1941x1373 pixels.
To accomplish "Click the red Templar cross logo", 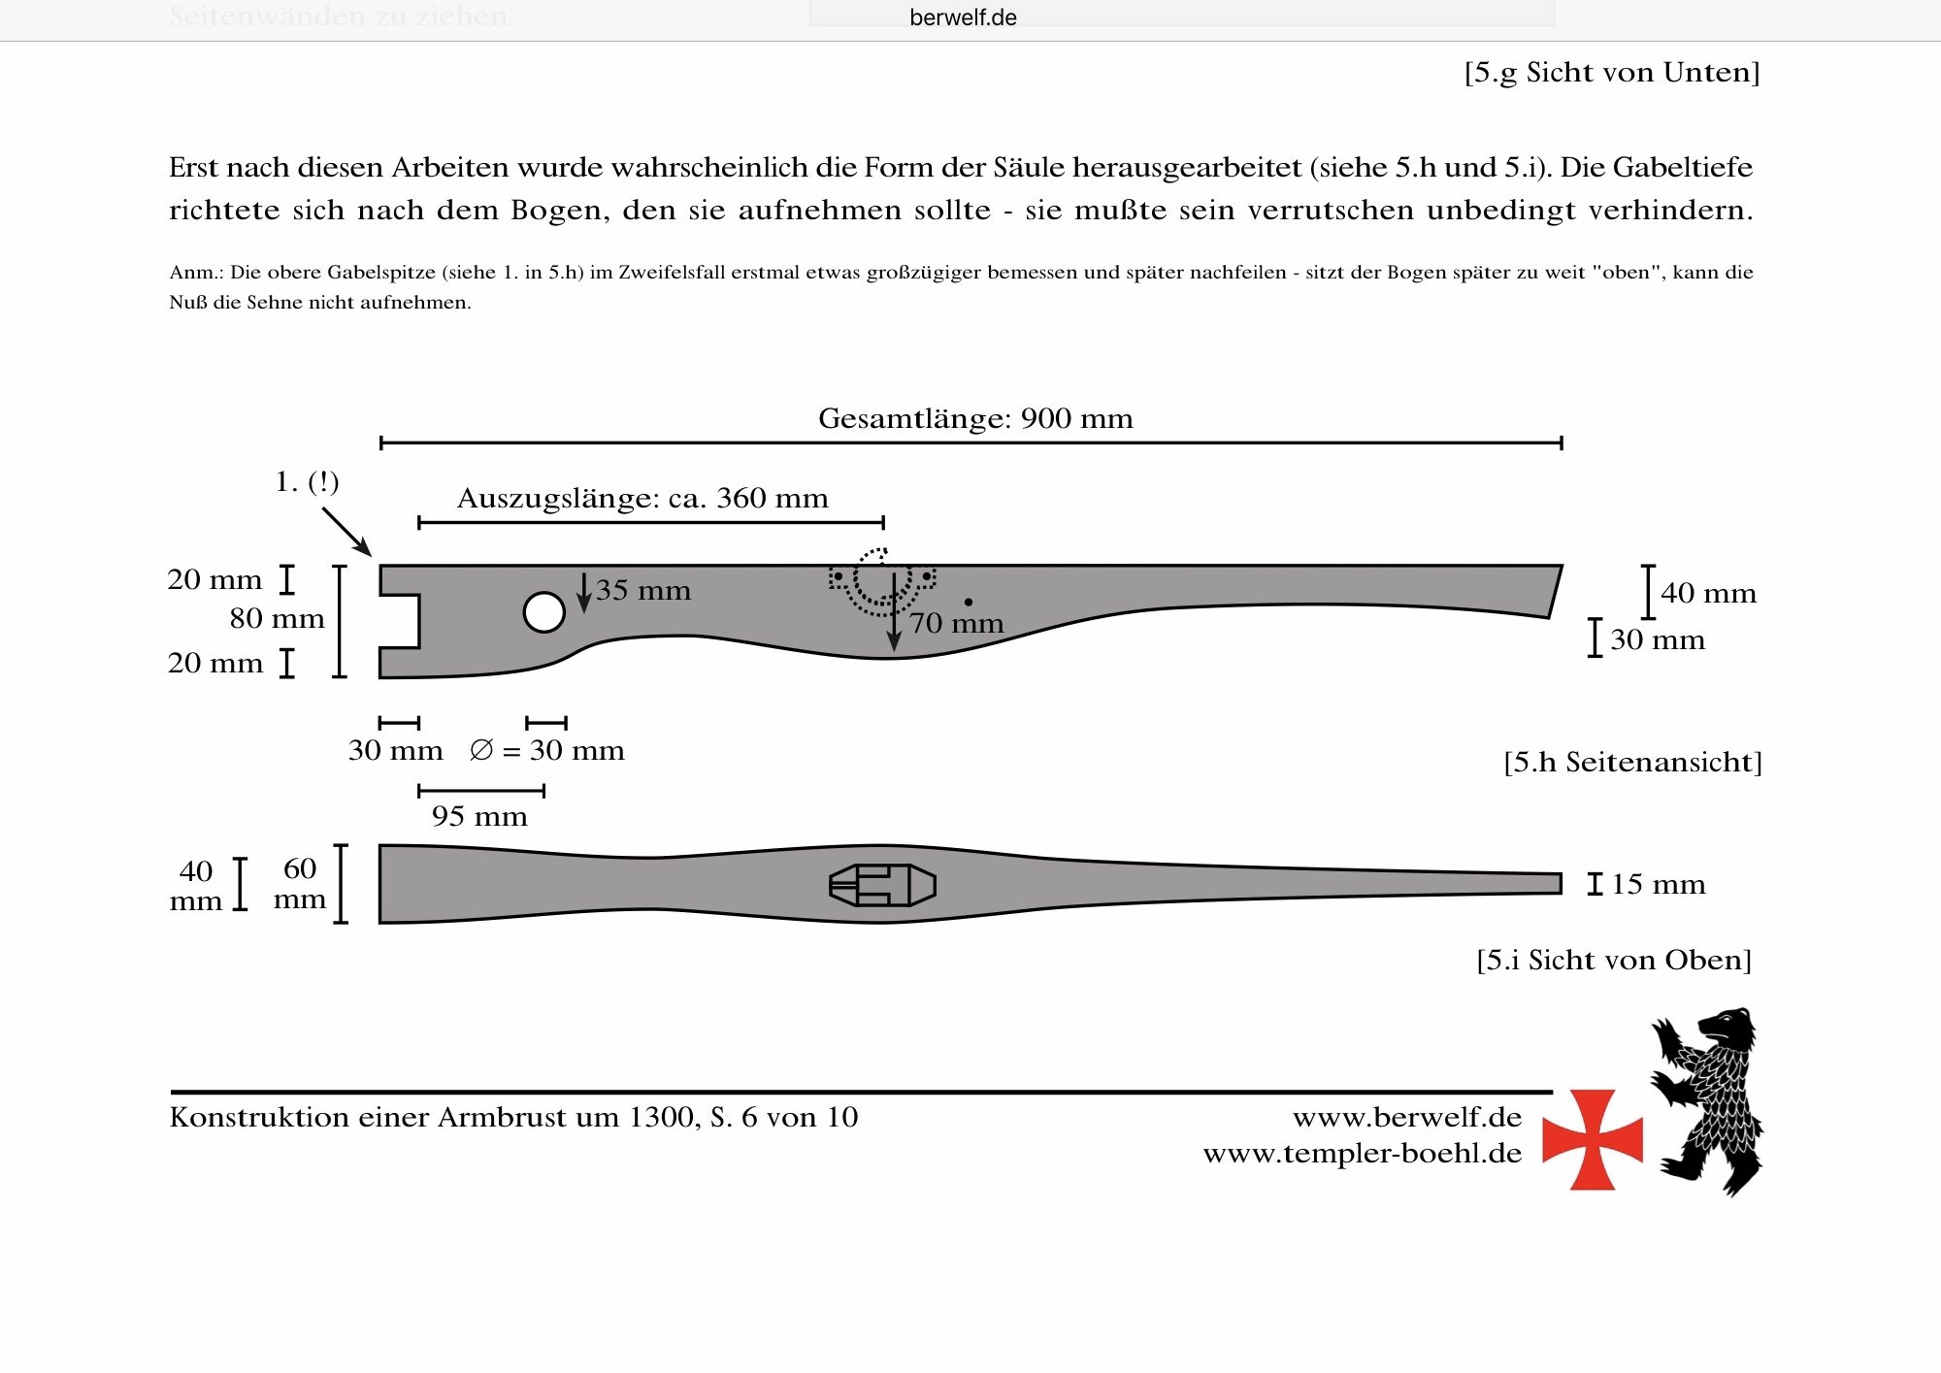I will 1592,1139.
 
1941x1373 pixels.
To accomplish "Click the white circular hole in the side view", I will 543,612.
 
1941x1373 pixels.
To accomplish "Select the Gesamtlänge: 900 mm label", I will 975,418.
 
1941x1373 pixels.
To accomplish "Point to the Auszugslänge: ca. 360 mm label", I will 642,498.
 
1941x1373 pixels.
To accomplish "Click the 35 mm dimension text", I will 642,590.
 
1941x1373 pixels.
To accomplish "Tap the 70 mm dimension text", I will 956,623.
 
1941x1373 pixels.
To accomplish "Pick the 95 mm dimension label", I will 479,816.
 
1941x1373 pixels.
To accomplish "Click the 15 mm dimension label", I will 1658,884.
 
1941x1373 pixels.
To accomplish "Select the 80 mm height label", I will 277,618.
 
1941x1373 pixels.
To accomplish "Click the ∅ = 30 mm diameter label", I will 546,750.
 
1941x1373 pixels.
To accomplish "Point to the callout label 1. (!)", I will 307,481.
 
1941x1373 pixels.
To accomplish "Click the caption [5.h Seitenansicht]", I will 1632,762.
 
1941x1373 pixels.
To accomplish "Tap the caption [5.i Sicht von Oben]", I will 1614,960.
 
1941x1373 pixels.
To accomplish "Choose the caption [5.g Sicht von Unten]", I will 1611,72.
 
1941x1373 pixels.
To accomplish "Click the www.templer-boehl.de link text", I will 1362,1153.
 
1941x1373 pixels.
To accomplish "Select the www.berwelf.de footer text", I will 1406,1117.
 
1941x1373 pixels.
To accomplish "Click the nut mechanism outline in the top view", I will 882,885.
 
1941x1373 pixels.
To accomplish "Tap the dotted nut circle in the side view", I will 882,579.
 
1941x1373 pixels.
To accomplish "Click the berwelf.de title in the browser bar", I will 963,17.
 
